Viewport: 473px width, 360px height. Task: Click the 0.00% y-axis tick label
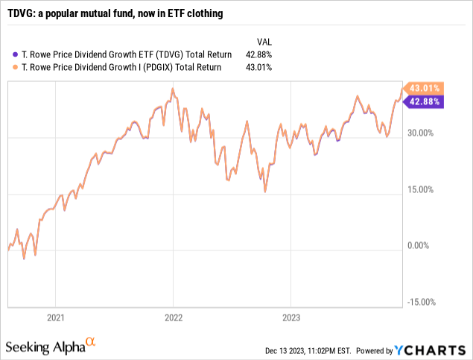pos(421,245)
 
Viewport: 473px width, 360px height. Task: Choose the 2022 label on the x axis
pos(173,317)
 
